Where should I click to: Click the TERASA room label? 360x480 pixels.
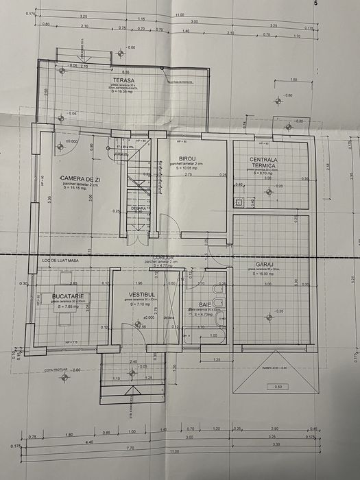(x=123, y=80)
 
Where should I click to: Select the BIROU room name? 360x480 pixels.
(x=187, y=158)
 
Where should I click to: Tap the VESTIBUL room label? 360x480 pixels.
(x=143, y=296)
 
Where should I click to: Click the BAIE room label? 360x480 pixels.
(x=206, y=304)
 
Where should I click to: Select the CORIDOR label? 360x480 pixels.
(x=167, y=256)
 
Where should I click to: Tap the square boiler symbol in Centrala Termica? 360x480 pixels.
(x=239, y=202)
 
